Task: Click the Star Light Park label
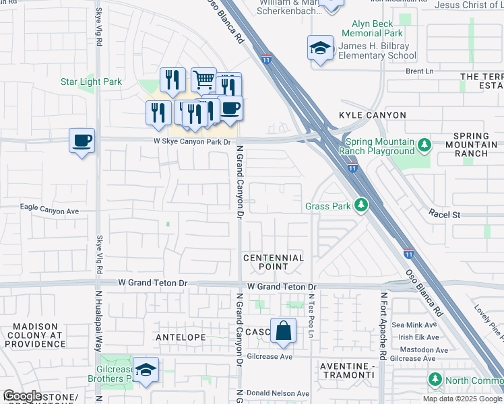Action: click(x=91, y=82)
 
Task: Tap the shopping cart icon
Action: click(x=203, y=80)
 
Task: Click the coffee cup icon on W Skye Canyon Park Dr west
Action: click(x=82, y=141)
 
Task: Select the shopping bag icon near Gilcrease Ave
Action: click(x=283, y=331)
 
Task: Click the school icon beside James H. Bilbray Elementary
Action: click(x=320, y=48)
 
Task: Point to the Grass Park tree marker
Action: click(x=362, y=204)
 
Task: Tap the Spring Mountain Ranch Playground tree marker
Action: click(x=424, y=144)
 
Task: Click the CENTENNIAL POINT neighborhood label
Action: click(x=274, y=262)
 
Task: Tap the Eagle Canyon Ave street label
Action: click(x=50, y=211)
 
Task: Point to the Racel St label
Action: click(x=444, y=214)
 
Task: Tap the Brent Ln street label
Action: click(x=418, y=71)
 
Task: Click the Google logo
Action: click(x=22, y=396)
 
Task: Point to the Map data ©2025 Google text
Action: click(x=463, y=399)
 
